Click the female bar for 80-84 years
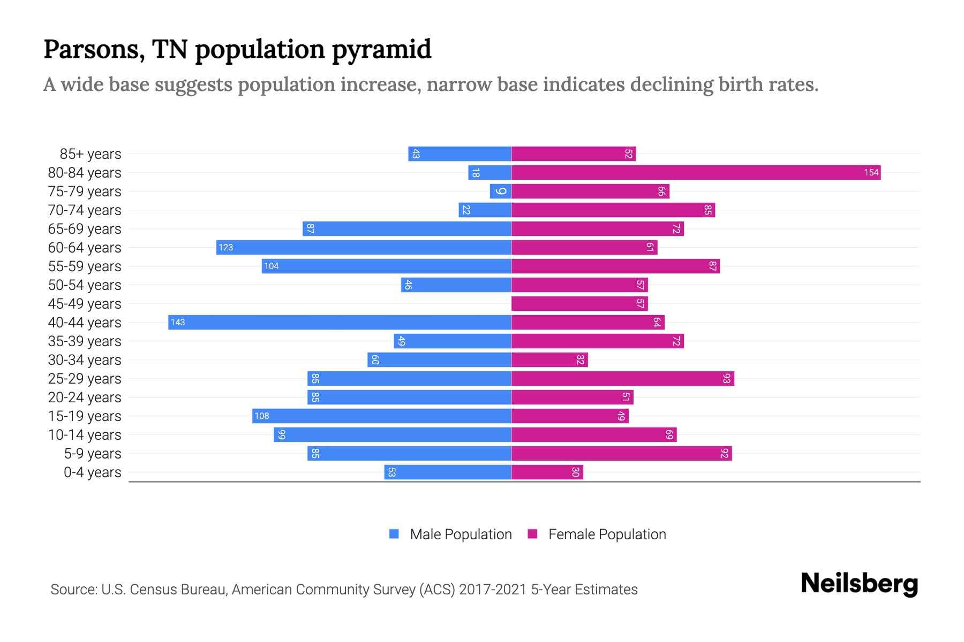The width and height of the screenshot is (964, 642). click(696, 172)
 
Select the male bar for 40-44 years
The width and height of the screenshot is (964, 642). click(340, 322)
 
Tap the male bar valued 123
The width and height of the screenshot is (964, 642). click(364, 247)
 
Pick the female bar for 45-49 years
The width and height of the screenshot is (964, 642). click(579, 303)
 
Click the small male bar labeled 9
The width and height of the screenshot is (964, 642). click(500, 191)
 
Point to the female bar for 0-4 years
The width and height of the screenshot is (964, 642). click(547, 472)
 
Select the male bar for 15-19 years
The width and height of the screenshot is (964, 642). click(381, 416)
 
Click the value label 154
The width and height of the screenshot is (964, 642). click(871, 172)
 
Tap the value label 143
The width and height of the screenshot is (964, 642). click(178, 322)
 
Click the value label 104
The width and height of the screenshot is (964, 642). click(272, 266)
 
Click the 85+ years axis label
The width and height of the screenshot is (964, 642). click(90, 154)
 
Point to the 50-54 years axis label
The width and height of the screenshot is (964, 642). click(85, 285)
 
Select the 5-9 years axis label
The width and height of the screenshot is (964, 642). click(92, 454)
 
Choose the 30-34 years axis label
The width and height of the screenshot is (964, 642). click(85, 360)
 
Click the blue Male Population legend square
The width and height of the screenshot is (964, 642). click(394, 534)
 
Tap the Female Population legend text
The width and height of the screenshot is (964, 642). click(607, 534)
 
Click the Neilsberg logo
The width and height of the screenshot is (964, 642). click(859, 584)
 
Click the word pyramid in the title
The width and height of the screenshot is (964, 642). click(381, 50)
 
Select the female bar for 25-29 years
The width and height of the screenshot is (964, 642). click(622, 378)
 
